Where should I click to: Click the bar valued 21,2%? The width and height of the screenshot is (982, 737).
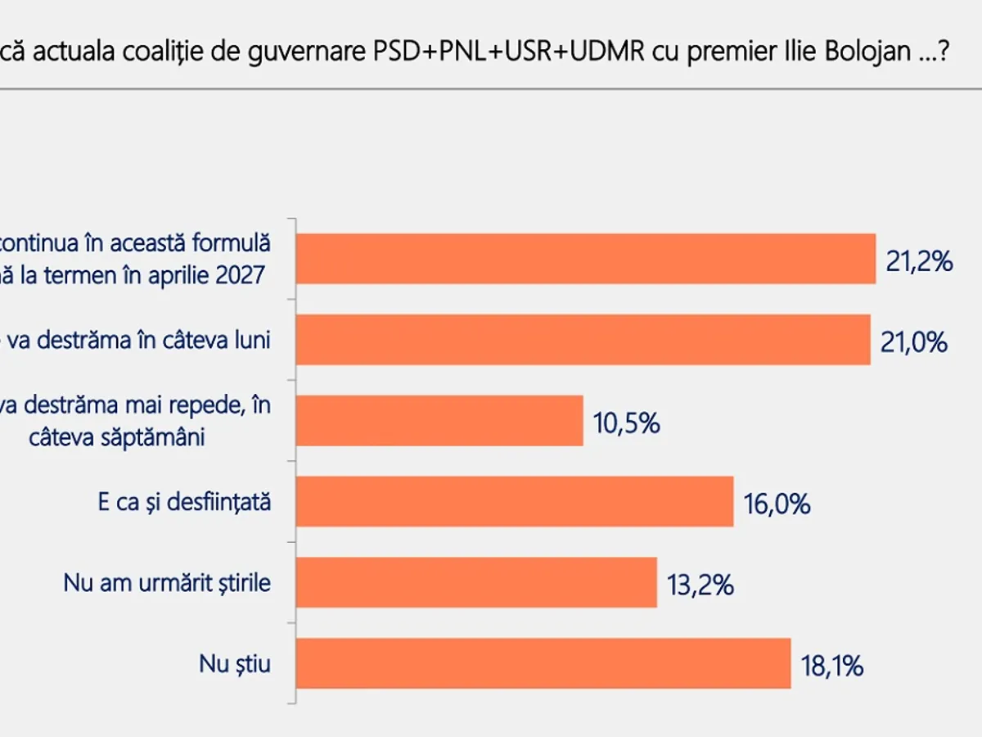pyautogui.click(x=585, y=259)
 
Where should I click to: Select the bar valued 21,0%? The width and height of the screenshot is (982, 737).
pyautogui.click(x=583, y=340)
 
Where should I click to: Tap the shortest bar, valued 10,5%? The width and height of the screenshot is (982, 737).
pyautogui.click(x=439, y=421)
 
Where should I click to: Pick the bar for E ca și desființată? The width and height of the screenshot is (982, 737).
pyautogui.click(x=514, y=502)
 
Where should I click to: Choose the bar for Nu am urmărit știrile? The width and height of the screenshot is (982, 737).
pyautogui.click(x=476, y=583)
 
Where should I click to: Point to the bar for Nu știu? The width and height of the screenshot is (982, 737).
pyautogui.click(x=543, y=664)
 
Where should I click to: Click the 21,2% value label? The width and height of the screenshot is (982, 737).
pyautogui.click(x=920, y=262)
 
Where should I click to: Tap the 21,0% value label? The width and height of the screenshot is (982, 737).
pyautogui.click(x=914, y=342)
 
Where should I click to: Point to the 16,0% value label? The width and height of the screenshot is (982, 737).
pyautogui.click(x=777, y=504)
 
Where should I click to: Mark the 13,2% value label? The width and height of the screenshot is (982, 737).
pyautogui.click(x=700, y=586)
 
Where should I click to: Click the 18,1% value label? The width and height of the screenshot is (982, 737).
pyautogui.click(x=831, y=667)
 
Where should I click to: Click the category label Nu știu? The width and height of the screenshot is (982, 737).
pyautogui.click(x=235, y=664)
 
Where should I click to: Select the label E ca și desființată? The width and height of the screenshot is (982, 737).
pyautogui.click(x=184, y=502)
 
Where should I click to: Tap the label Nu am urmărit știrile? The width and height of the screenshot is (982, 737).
pyautogui.click(x=167, y=583)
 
